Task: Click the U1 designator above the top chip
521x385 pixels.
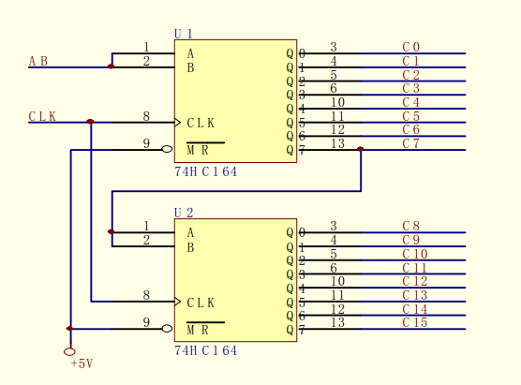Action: point(184,34)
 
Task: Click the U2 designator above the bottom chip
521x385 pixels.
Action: point(184,213)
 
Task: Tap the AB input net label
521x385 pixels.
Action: point(38,61)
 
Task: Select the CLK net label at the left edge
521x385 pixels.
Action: point(42,116)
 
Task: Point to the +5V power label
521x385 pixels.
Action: point(82,363)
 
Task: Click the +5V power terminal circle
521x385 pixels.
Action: point(69,351)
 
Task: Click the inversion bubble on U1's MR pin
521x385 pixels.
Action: point(167,149)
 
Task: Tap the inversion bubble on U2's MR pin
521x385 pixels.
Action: point(167,329)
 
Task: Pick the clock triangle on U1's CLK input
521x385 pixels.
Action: point(178,123)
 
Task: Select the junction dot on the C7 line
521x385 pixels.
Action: point(360,149)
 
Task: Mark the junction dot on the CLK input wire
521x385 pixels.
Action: point(90,122)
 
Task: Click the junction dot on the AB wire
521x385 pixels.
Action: point(112,67)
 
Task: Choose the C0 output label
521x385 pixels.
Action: point(411,47)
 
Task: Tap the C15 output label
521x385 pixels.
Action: point(415,322)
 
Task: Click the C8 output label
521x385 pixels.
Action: point(411,226)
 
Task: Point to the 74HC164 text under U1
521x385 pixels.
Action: point(205,171)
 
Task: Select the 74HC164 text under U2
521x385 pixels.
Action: point(205,350)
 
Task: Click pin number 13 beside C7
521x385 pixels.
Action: point(337,143)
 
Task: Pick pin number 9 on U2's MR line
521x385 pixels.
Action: point(146,322)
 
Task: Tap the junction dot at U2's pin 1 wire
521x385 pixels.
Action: point(112,231)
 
